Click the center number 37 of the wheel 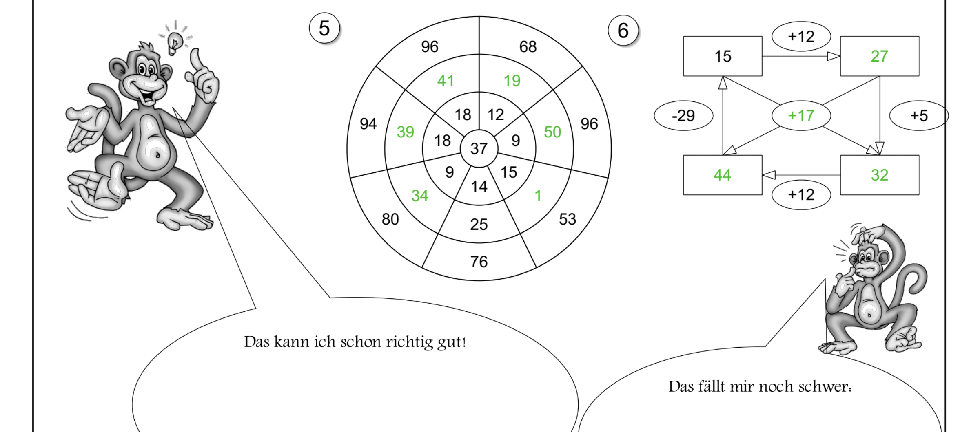click(x=479, y=149)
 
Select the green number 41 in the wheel click(x=445, y=81)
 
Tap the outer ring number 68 click(x=528, y=47)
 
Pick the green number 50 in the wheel click(x=552, y=132)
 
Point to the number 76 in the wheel click(x=479, y=262)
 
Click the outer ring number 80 click(x=390, y=219)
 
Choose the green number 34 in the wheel click(x=419, y=196)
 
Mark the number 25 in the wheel click(x=479, y=224)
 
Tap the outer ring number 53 click(x=568, y=219)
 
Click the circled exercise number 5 click(x=324, y=28)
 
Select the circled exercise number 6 click(x=623, y=31)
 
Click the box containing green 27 click(x=880, y=56)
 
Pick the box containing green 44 click(x=723, y=175)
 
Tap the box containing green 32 click(x=880, y=175)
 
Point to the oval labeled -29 click(x=683, y=116)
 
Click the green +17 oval click(x=801, y=116)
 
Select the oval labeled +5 click(x=919, y=116)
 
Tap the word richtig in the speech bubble click(x=410, y=342)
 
